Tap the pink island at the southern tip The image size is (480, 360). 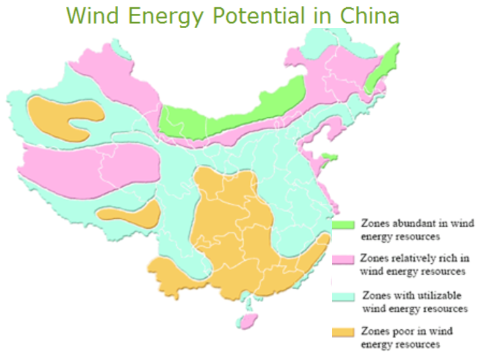(248, 321)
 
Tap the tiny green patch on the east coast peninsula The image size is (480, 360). (325, 158)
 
